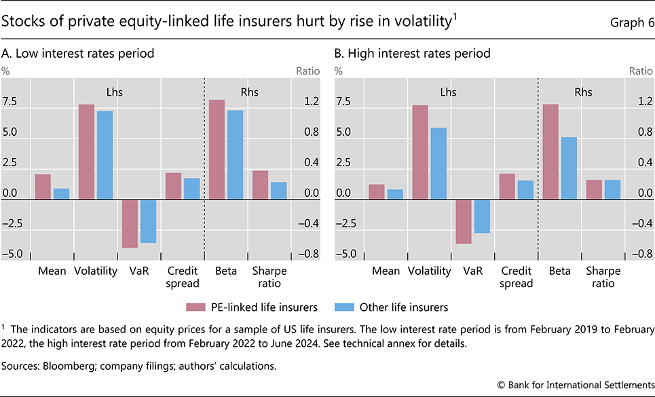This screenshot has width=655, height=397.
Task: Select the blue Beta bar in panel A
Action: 235,155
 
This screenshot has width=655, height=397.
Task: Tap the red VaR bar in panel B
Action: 464,221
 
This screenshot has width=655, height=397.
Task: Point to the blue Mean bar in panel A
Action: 62,194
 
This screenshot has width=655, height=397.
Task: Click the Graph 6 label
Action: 628,23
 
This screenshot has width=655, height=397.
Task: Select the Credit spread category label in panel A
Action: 182,277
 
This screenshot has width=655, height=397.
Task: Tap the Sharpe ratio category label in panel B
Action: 603,277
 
